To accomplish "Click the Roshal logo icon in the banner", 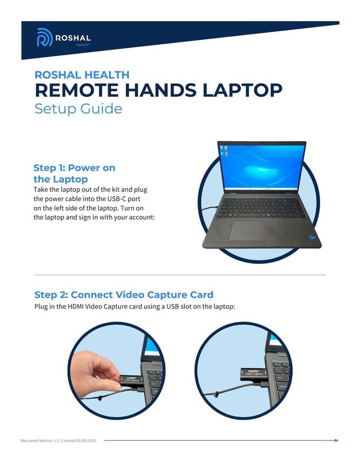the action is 45,37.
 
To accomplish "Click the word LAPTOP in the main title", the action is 242,90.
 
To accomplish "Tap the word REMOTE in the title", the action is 77,90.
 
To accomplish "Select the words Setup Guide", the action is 78,109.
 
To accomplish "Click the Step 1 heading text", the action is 74,173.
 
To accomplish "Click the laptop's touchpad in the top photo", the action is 247,231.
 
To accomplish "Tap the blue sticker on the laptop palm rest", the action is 312,238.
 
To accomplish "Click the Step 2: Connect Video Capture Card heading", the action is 124,295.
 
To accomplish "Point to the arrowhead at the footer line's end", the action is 336,440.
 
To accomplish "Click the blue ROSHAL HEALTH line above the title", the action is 82,75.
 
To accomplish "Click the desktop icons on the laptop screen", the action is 224,150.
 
